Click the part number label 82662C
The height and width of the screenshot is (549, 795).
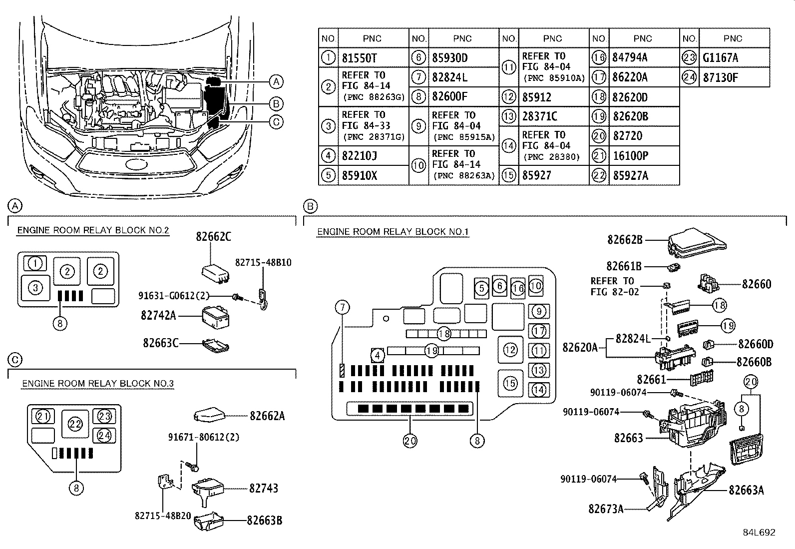coord(213,237)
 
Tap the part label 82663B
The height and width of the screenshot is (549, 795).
coord(264,520)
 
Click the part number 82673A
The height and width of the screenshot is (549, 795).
coord(606,509)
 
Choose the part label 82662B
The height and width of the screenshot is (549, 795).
coord(625,240)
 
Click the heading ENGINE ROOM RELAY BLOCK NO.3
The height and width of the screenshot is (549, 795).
coord(98,384)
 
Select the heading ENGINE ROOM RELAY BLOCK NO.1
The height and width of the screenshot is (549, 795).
coord(393,232)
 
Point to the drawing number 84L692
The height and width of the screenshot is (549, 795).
coord(759,533)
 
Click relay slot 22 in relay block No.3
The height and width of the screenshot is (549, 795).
coord(75,424)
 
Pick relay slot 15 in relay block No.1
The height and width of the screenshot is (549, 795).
coord(510,383)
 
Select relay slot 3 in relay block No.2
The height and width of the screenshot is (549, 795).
coord(35,287)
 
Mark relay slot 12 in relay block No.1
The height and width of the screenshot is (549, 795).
coord(510,350)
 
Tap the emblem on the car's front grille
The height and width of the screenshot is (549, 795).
coord(135,165)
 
